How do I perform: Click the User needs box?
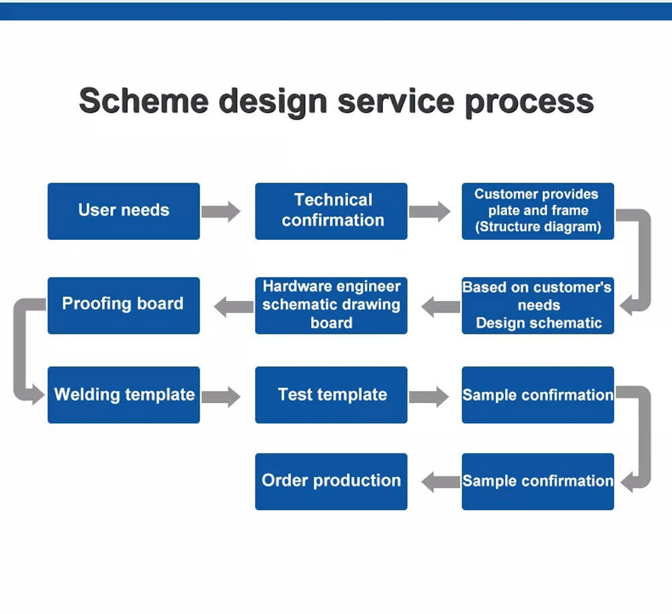click(x=124, y=211)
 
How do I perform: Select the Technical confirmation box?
click(x=331, y=211)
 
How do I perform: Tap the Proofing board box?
click(x=124, y=305)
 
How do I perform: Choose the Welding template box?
click(x=124, y=395)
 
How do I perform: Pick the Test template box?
click(x=331, y=395)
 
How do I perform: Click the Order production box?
click(x=331, y=481)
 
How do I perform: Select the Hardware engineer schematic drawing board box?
click(x=331, y=305)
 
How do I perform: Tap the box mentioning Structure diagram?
click(x=538, y=211)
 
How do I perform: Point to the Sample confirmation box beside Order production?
click(x=538, y=481)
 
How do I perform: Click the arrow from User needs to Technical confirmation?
click(x=220, y=211)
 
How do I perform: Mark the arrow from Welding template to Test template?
click(x=220, y=396)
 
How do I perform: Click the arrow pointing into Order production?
click(x=440, y=481)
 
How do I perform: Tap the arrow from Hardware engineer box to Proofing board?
click(x=234, y=308)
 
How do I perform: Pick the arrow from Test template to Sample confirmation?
click(x=429, y=396)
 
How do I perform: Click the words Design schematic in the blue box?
click(x=539, y=323)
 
